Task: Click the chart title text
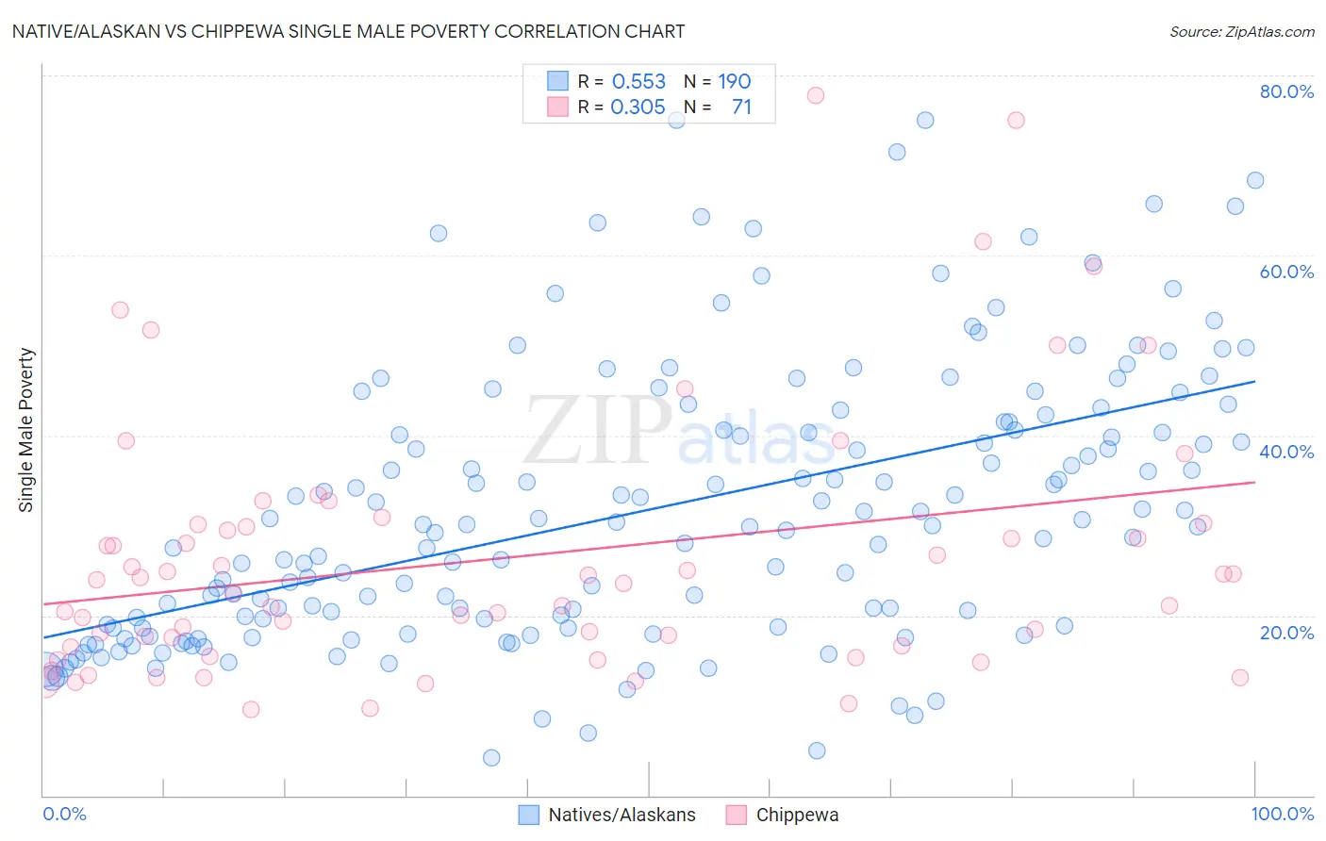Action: pos(348,31)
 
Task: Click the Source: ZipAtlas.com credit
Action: pos(1241,31)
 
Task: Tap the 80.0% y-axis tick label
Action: pos(1286,91)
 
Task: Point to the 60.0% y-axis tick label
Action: pos(1286,272)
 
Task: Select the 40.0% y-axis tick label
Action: pos(1286,452)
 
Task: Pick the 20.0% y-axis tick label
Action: pos(1286,632)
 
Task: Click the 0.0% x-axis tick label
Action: pos(64,814)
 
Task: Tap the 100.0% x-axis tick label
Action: pos(1283,814)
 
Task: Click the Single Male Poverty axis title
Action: pos(26,430)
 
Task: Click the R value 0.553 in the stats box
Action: pos(638,82)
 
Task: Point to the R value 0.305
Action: pos(638,107)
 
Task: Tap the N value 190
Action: pos(735,82)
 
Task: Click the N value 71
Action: pos(741,107)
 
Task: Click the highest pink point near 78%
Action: pos(816,95)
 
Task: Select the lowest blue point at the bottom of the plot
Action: pos(491,758)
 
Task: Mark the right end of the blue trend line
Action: pos(1254,381)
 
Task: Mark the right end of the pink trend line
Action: pos(1254,482)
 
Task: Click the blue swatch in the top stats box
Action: pos(558,81)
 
